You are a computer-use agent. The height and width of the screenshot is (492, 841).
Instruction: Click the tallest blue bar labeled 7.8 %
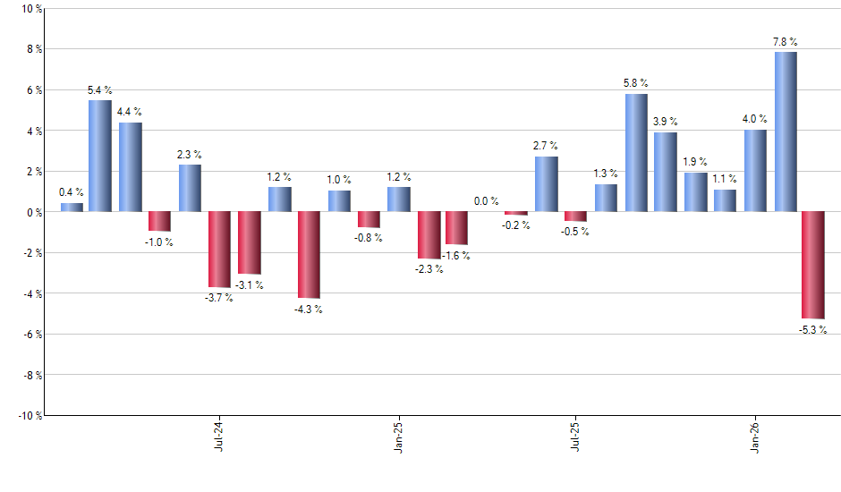point(786,131)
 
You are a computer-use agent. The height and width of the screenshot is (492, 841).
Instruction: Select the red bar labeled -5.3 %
point(812,265)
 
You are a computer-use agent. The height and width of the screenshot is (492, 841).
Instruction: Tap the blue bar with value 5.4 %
point(100,156)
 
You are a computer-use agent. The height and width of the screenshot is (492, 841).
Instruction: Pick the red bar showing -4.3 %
point(309,255)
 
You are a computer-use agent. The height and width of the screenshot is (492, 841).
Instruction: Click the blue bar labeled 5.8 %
point(636,152)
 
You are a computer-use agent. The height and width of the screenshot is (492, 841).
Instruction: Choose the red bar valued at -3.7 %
point(219,250)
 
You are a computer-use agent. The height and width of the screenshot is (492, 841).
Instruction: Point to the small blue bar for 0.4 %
point(72,208)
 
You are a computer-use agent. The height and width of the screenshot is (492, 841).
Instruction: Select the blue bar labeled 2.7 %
point(547,184)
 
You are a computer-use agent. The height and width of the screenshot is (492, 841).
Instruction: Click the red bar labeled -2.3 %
point(428,235)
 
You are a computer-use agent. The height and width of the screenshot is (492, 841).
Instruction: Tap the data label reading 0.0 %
point(487,202)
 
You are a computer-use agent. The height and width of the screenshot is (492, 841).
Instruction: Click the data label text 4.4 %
point(130,112)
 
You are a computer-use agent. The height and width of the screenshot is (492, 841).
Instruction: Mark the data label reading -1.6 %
point(457,256)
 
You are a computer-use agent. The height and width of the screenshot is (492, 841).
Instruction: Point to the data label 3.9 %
point(666,122)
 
